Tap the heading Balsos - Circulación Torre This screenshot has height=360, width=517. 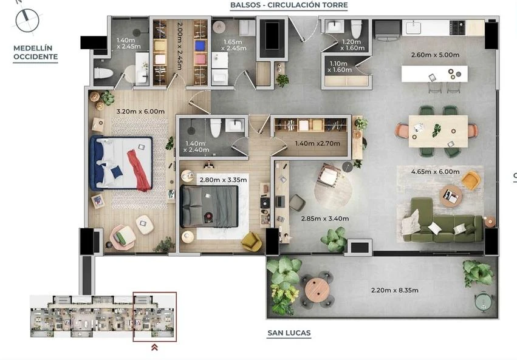289,5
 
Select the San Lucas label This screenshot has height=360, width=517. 289,333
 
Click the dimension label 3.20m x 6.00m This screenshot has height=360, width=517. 140,111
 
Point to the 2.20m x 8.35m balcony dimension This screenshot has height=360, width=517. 395,290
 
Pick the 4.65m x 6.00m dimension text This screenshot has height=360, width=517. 435,172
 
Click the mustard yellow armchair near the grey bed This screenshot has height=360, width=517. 252,241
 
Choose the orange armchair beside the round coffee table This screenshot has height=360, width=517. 471,180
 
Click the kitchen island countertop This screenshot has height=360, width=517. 434,74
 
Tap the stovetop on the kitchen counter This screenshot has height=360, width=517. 457,28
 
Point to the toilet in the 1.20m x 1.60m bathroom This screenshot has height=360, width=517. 356,29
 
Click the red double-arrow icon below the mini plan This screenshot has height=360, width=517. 154,347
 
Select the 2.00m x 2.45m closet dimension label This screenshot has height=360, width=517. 180,46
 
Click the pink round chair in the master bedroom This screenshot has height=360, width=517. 123,236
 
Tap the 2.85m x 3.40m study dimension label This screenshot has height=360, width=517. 325,219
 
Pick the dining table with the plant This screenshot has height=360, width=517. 438,131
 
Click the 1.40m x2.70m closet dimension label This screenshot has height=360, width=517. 317,143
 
